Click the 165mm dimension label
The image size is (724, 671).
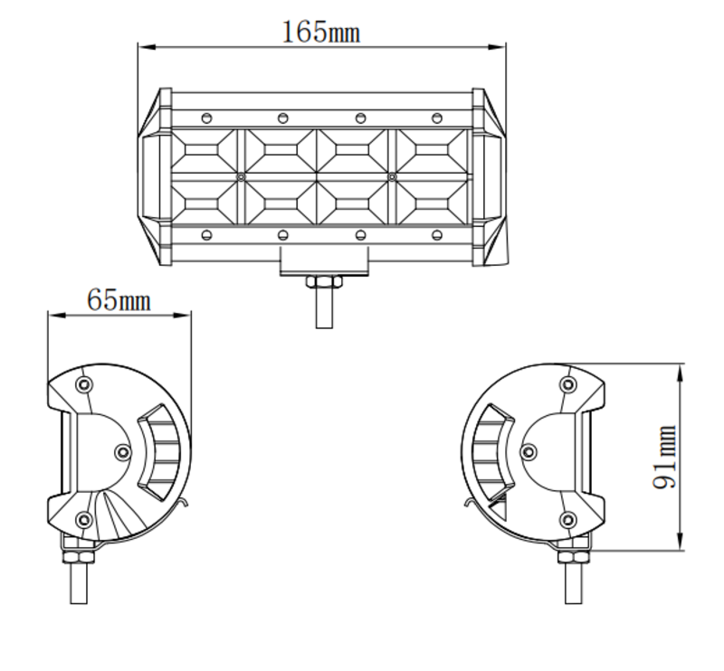(x=320, y=33)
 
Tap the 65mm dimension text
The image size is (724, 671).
(x=119, y=299)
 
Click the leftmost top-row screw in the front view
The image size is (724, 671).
(x=206, y=118)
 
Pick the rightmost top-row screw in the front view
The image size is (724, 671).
(x=437, y=118)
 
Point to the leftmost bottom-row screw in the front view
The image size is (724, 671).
(x=206, y=236)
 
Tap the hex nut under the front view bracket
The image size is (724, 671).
(x=322, y=283)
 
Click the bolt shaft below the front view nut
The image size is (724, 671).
(x=322, y=309)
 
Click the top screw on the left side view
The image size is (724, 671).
(x=84, y=385)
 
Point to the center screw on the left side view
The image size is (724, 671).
(x=123, y=450)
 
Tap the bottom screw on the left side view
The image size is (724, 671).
(x=84, y=519)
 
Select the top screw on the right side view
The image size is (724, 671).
(x=567, y=385)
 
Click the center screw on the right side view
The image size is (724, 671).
(x=529, y=450)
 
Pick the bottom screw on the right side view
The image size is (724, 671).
(x=567, y=519)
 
